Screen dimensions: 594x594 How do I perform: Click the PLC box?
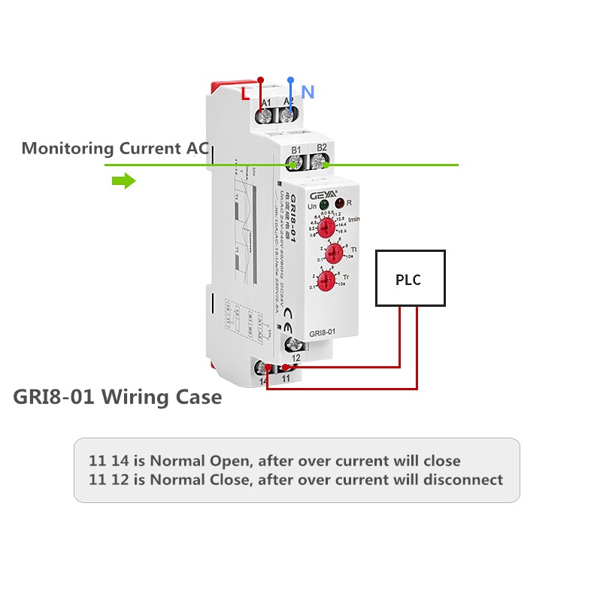point(410,279)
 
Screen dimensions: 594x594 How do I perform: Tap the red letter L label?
point(245,94)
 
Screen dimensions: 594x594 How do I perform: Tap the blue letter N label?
point(308,92)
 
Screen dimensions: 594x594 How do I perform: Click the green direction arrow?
point(123,181)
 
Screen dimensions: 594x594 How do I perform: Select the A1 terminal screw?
point(265,116)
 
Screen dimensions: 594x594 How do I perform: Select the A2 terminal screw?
point(287,115)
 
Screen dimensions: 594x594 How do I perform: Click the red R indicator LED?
point(339,204)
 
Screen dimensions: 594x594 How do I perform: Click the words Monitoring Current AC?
point(114,148)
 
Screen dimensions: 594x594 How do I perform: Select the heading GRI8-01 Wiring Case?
point(117,396)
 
